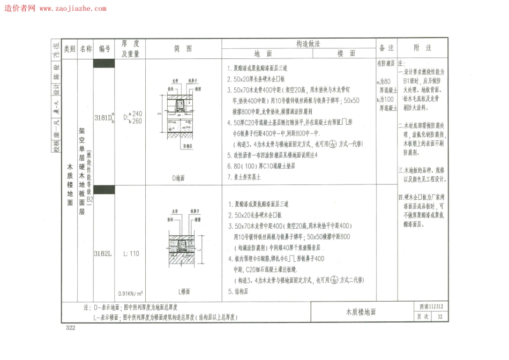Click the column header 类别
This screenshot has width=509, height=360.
pyautogui.click(x=70, y=49)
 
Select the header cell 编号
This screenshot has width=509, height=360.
pyautogui.click(x=104, y=49)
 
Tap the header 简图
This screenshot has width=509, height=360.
pyautogui.click(x=183, y=49)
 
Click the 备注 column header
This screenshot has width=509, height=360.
pyautogui.click(x=386, y=48)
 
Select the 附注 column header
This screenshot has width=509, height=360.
pyautogui.click(x=423, y=48)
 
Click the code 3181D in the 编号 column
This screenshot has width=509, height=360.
pyautogui.click(x=103, y=118)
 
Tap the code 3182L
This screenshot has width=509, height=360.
pyautogui.click(x=103, y=253)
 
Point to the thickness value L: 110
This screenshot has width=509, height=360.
pyautogui.click(x=131, y=253)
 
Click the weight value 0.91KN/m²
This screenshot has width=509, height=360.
pyautogui.click(x=131, y=294)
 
